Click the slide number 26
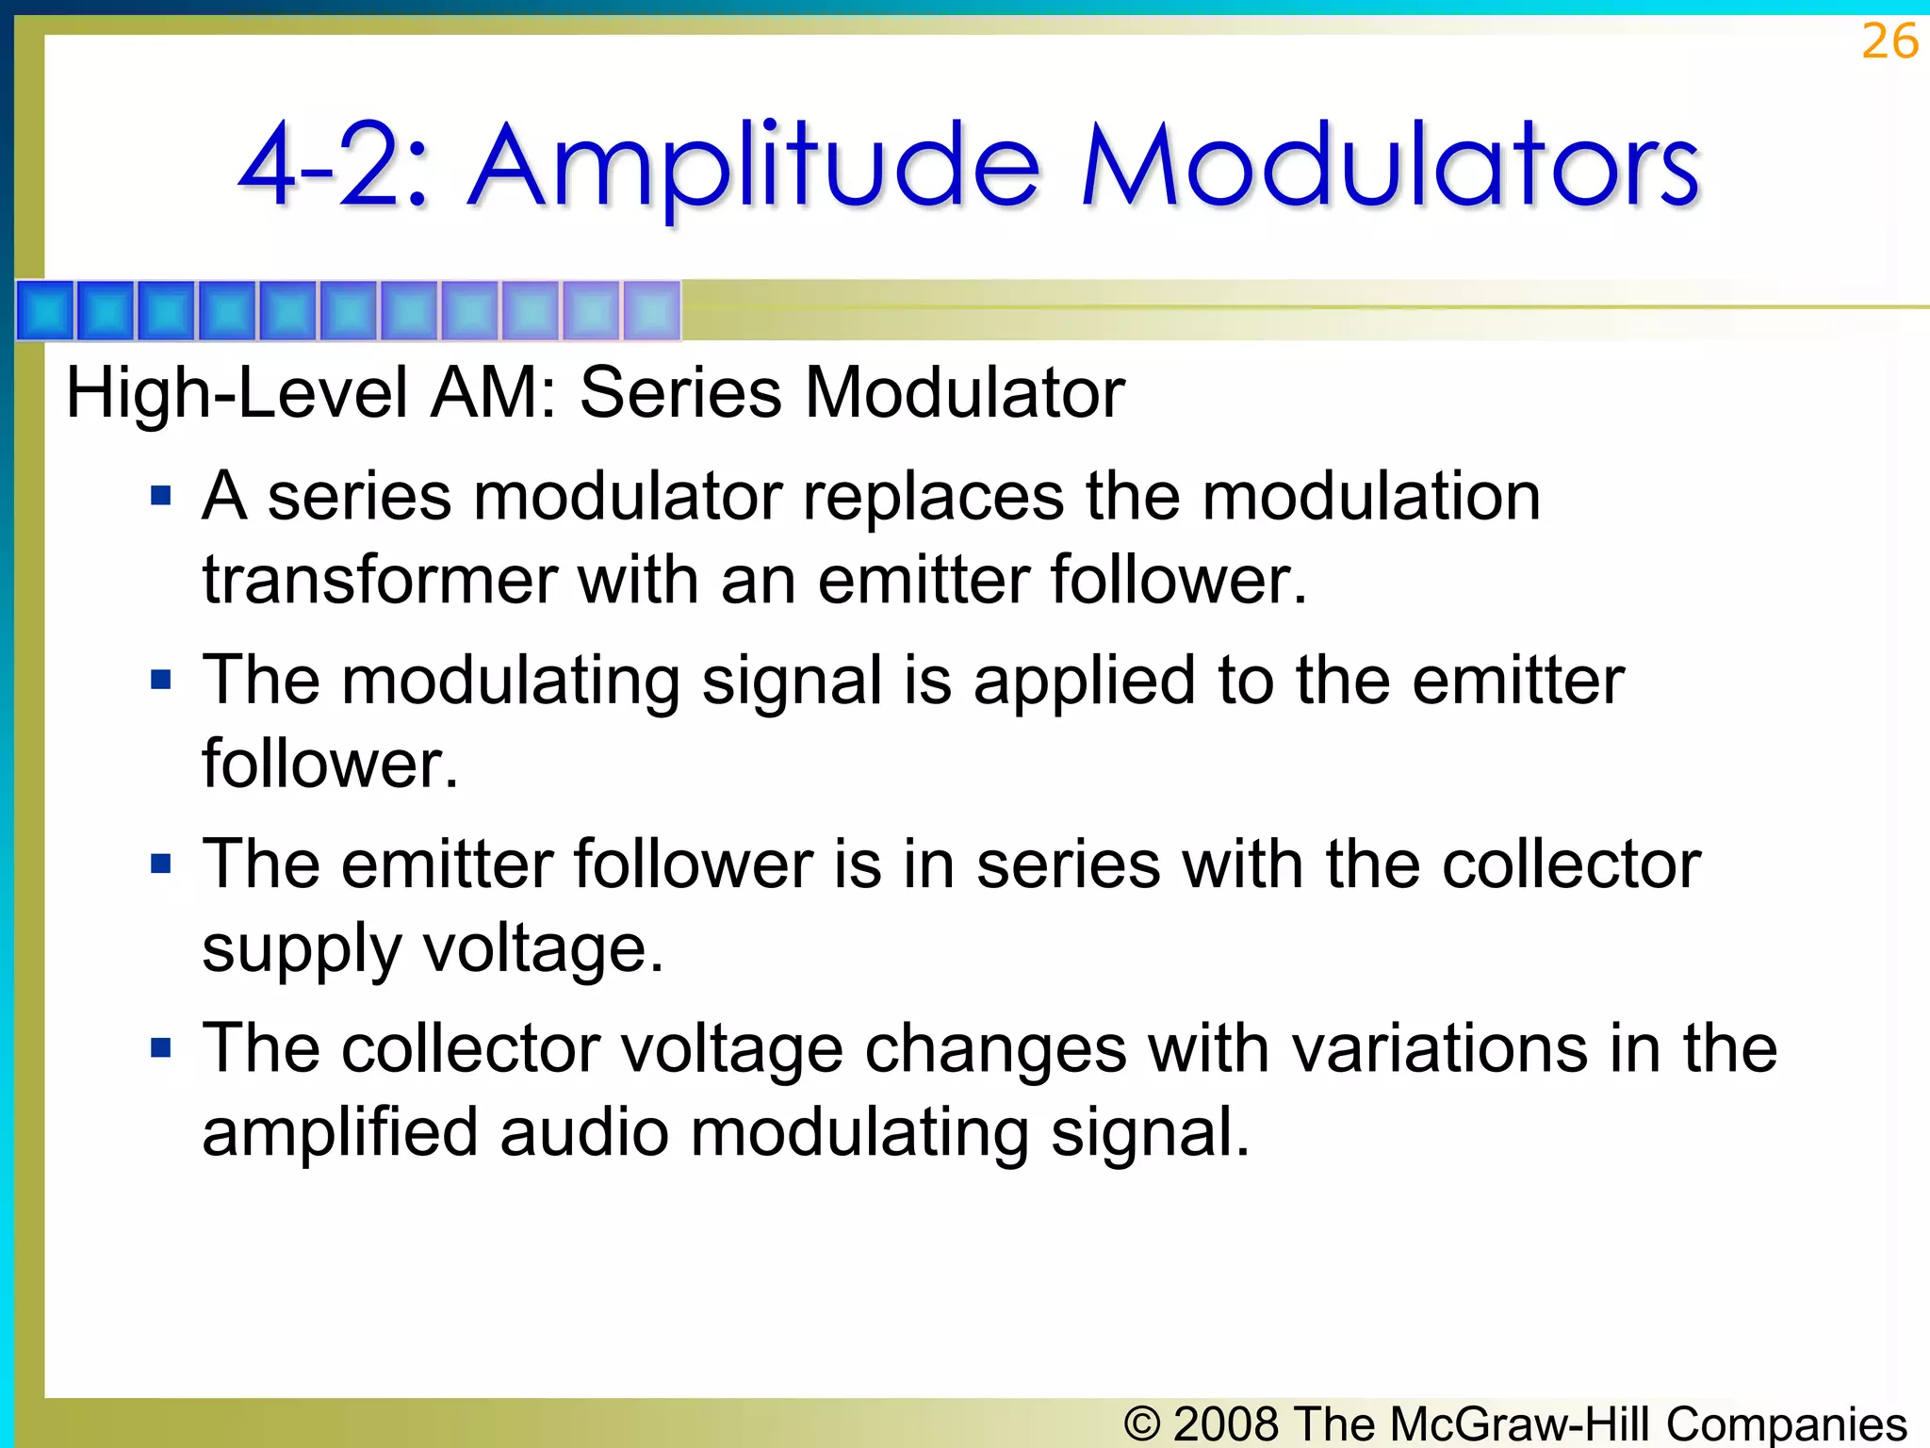pos(1889,42)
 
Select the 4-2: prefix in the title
pos(335,168)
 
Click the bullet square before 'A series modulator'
pos(161,496)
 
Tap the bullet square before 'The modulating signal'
pos(161,680)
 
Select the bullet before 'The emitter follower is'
pos(161,864)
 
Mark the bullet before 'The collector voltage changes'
pos(161,1047)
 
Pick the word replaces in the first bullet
pos(932,497)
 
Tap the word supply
pos(302,950)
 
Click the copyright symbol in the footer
pos(1142,1423)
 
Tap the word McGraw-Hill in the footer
pos(1519,1423)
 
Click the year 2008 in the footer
pos(1228,1423)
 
